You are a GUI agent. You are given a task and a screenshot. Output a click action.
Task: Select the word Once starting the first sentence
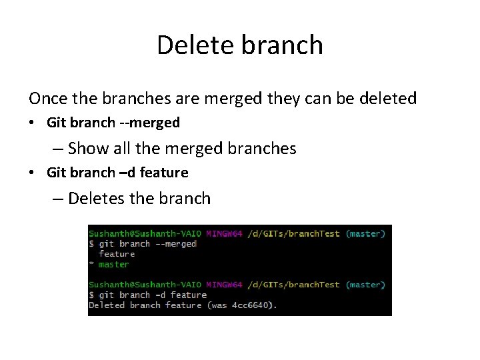point(47,99)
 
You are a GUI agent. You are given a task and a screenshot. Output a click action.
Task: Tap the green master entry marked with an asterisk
point(113,265)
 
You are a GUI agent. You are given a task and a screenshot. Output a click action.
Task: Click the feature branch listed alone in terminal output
point(117,254)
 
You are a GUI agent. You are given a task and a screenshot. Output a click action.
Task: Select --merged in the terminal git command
point(175,244)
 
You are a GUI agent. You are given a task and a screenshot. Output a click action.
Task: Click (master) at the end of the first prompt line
point(365,234)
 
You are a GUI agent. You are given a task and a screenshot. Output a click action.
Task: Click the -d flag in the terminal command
point(160,295)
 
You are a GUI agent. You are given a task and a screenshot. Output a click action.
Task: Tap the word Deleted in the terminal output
point(107,305)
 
